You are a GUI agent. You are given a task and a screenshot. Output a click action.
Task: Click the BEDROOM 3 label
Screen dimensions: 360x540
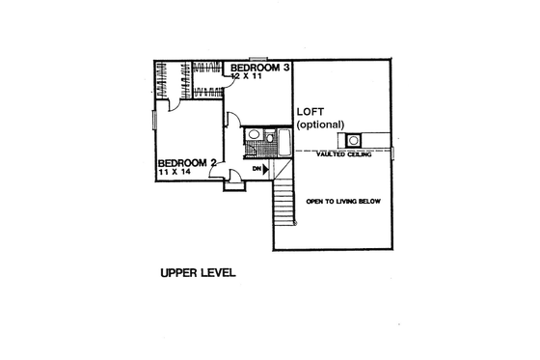tap(258, 68)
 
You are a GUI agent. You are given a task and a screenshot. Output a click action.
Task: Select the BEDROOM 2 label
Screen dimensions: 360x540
tap(185, 163)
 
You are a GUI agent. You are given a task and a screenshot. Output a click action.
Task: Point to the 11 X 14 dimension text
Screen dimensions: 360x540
tap(176, 175)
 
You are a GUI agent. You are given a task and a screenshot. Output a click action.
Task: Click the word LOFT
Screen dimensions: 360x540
tap(311, 111)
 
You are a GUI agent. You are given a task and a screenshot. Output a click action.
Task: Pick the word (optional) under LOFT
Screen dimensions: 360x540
tap(322, 125)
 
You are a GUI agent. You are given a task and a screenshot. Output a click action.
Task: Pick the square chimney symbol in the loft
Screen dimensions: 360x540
tap(354, 139)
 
